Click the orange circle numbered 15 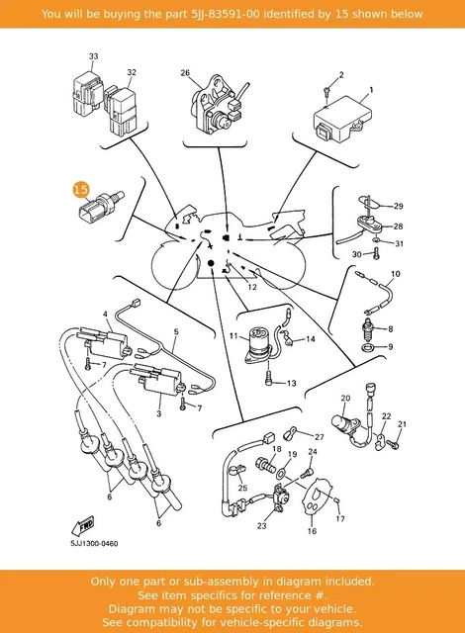coord(81,189)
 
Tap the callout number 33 coord(93,56)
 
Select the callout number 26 coord(185,72)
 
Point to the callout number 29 coord(398,206)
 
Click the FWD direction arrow coord(83,526)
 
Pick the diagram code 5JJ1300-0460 coord(94,544)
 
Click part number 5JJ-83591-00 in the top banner coord(226,14)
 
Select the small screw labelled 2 coord(327,91)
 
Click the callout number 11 coord(233,335)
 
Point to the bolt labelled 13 coord(269,380)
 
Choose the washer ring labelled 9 coord(367,347)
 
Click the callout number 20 coord(345,398)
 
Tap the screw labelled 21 coord(393,444)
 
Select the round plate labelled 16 coord(318,497)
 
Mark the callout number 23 coord(262,525)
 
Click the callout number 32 coord(132,72)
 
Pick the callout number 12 coord(252,287)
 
